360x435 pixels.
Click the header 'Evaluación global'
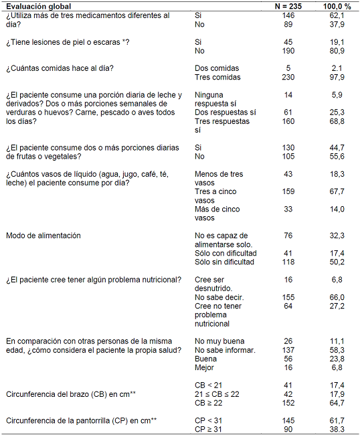pos(39,5)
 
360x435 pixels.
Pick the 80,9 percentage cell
pos(337,50)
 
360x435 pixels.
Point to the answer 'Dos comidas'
pos(217,68)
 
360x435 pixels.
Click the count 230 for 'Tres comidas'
pos(288,77)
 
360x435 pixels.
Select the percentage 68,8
pos(337,122)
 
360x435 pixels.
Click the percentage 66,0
pos(337,296)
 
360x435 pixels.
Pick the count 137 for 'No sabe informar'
pos(288,350)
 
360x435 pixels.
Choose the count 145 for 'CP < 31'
pos(288,420)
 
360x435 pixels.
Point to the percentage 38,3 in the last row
pos(337,429)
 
